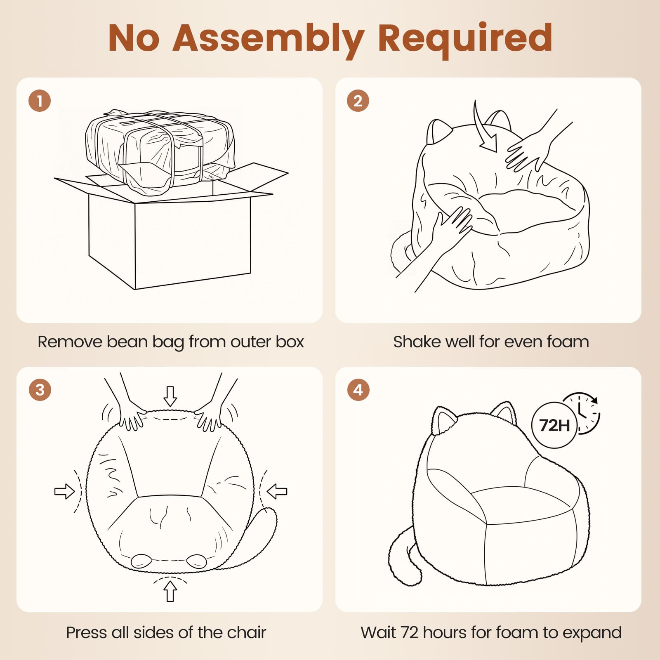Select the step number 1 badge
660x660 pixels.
click(40, 101)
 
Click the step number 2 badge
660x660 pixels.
click(358, 101)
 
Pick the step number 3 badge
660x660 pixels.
click(40, 390)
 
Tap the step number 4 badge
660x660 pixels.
click(358, 390)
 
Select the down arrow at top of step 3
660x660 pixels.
click(170, 396)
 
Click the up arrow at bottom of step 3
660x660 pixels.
click(170, 591)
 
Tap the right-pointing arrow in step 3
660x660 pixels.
click(65, 491)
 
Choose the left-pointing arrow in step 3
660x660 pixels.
click(277, 491)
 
